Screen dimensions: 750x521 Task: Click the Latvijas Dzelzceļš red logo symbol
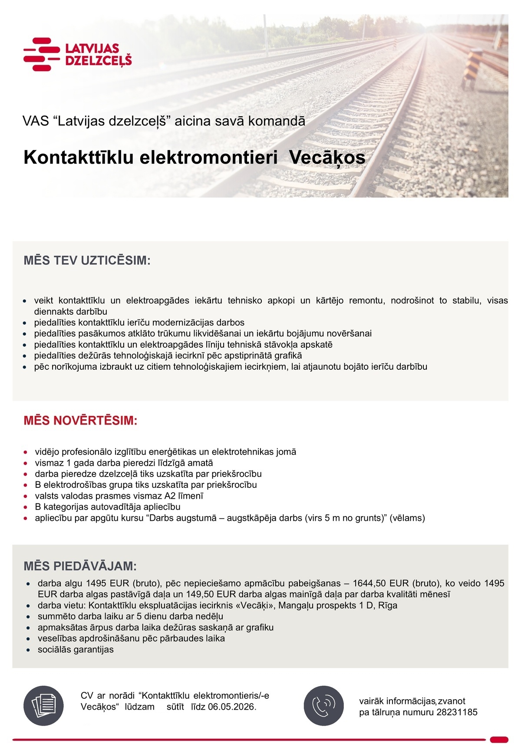click(42, 54)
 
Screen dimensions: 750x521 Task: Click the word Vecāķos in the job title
click(327, 158)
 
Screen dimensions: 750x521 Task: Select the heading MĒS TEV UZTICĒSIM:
click(87, 261)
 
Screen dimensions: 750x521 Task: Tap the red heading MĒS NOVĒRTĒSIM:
click(80, 421)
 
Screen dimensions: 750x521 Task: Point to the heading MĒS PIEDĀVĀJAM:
click(80, 566)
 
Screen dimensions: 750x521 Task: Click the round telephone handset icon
click(323, 706)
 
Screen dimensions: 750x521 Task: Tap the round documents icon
click(43, 706)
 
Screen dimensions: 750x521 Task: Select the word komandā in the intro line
click(278, 121)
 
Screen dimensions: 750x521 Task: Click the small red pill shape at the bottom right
click(499, 740)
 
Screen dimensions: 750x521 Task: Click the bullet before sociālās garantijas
click(28, 650)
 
